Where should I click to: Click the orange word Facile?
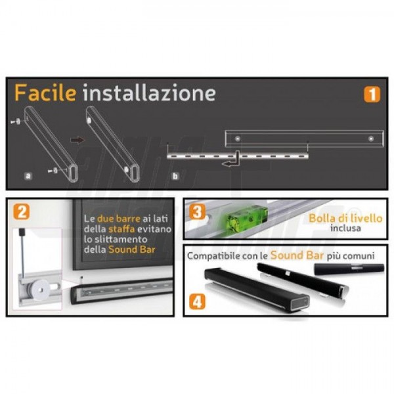pos(45,93)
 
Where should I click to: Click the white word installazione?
pos(149,93)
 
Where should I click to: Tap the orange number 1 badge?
pos(372,95)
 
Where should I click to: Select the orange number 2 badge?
pos(22,211)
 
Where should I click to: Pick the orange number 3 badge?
pos(197,211)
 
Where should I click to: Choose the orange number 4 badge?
pos(197,301)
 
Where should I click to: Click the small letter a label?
pos(28,175)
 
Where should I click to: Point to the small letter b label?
pos(175,176)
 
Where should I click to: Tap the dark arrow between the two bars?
pos(77,140)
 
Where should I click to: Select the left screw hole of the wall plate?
pos(238,139)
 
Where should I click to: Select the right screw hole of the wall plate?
pos(371,139)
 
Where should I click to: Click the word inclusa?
pos(345,228)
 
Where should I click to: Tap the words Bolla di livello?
pos(345,218)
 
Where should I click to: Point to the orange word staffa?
pos(121,229)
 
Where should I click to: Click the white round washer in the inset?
pos(41,290)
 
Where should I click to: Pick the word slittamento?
pos(119,239)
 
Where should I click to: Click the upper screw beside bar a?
pos(16,121)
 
